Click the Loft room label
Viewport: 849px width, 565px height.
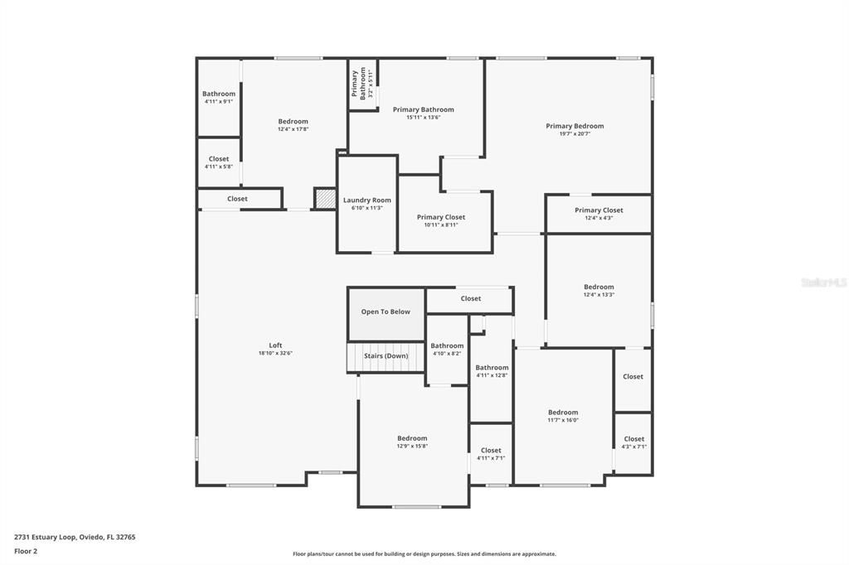point(275,345)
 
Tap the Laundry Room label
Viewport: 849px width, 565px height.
point(366,200)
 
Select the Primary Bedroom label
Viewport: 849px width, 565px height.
point(575,126)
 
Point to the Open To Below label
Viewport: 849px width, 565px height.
point(386,311)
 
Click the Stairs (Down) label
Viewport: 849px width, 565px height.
point(386,355)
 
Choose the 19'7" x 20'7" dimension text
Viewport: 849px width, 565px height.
point(575,134)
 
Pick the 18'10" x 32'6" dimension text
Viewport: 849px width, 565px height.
point(275,353)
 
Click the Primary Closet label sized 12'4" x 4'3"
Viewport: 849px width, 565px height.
point(599,210)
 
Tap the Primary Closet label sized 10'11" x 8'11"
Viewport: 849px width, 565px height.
point(440,217)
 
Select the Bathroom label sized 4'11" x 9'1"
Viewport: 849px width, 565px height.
point(219,94)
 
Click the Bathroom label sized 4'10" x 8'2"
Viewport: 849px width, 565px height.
point(447,345)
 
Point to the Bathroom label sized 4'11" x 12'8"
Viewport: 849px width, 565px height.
point(492,368)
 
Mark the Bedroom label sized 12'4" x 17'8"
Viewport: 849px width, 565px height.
point(293,122)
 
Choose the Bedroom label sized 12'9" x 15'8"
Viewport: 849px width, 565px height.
point(412,438)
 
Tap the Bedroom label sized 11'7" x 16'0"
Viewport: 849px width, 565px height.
point(563,412)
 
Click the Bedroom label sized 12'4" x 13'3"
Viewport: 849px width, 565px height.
point(599,287)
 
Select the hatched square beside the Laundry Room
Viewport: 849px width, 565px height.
point(323,199)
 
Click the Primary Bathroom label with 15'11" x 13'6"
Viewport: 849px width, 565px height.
point(423,109)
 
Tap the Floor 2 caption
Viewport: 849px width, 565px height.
point(26,551)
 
